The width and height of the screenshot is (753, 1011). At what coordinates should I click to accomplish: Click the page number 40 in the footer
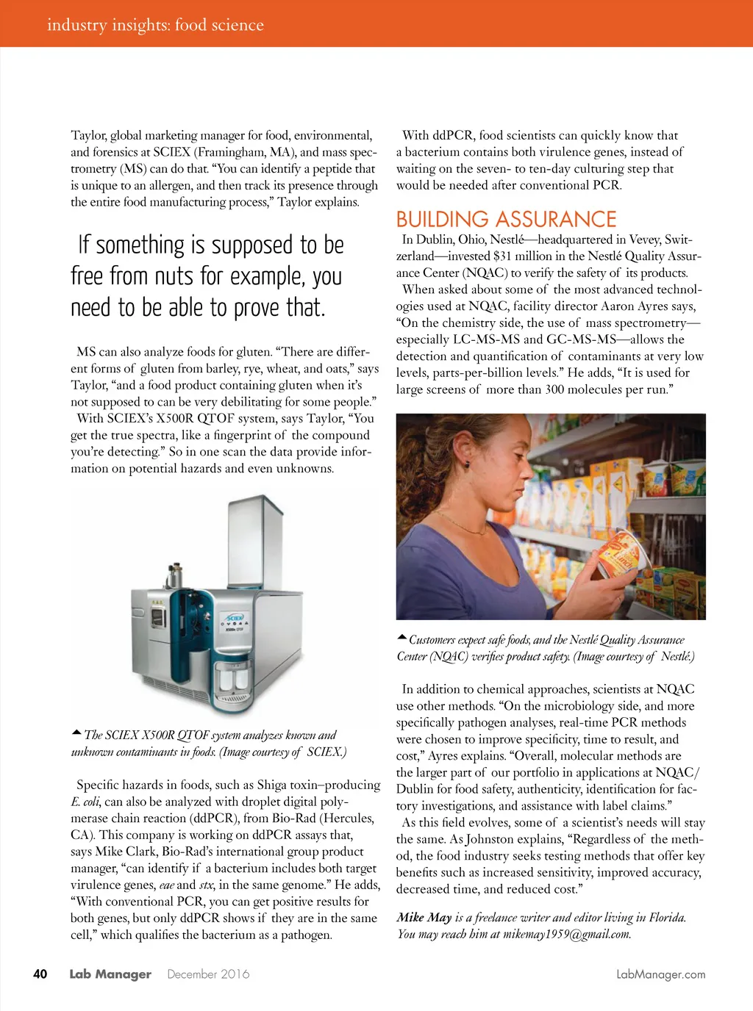40,974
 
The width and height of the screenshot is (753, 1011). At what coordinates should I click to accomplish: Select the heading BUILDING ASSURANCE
506,219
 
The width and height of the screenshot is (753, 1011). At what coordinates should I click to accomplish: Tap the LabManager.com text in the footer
660,974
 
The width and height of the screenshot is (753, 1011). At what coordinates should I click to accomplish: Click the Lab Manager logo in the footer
110,974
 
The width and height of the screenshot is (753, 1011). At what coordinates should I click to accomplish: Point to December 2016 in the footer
208,974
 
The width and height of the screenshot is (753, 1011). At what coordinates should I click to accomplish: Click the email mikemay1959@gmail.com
567,934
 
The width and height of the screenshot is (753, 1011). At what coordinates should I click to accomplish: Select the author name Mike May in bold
424,917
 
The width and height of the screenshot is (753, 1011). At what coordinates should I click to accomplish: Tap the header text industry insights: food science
155,25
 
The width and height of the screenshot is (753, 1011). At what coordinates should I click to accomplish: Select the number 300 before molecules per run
554,389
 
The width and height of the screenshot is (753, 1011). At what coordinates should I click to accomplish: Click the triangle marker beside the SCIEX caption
76,733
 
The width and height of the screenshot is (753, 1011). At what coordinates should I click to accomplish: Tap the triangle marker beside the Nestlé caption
402,637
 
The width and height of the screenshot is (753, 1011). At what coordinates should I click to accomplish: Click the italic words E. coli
86,802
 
